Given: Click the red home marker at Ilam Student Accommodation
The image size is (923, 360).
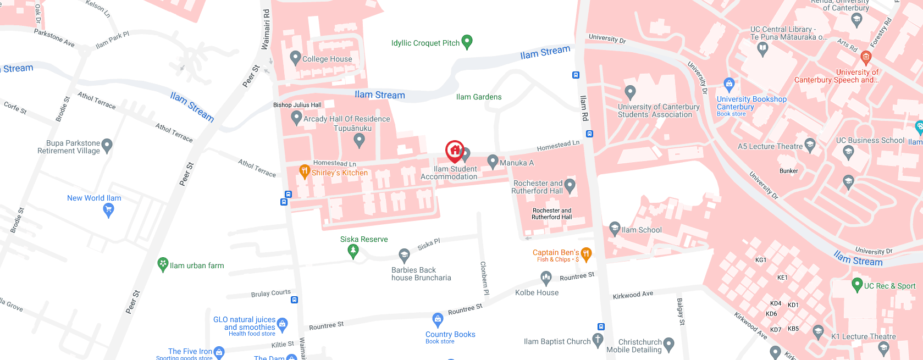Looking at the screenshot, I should click(455, 150).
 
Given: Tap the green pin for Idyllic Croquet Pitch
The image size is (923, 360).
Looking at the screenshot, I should click(467, 41).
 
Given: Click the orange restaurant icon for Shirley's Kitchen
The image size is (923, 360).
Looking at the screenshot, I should click(304, 171).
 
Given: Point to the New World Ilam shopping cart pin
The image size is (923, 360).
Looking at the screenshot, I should click(109, 210).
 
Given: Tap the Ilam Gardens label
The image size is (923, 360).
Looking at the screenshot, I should click(478, 97).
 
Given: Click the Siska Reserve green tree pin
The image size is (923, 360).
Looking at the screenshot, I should click(353, 251).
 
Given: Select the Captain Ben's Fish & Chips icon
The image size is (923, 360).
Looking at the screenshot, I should click(586, 254).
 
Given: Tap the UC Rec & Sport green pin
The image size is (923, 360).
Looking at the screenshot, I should click(856, 285).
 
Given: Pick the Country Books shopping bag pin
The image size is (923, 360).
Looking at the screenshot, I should click(438, 319).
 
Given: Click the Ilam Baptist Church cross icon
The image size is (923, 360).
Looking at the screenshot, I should click(598, 340).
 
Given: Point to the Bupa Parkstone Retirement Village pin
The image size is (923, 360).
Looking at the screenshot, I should click(107, 145).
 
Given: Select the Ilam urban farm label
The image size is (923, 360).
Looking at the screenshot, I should click(197, 266).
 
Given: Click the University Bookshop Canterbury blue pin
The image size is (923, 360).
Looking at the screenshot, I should click(729, 84).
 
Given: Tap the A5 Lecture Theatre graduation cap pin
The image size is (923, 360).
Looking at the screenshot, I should click(809, 145).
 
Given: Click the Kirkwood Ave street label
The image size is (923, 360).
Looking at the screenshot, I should click(633, 295).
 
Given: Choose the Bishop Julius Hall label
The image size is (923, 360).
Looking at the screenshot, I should click(297, 105).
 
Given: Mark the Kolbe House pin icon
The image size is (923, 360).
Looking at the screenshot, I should click(545, 278).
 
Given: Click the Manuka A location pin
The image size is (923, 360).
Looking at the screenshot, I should click(493, 161).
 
